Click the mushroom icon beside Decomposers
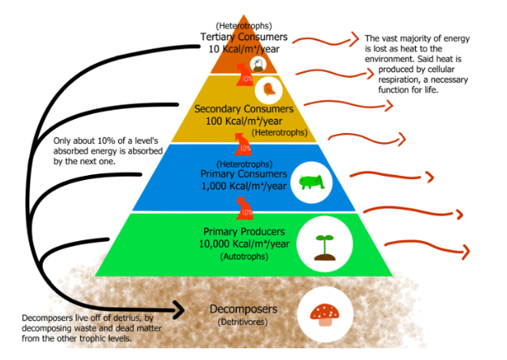click(325, 313)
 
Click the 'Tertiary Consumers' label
click(243, 38)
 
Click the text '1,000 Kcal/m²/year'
click(244, 186)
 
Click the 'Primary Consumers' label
click(243, 174)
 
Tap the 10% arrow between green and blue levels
click(244, 207)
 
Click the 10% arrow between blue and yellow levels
click(244, 143)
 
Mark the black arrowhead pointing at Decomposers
click(177, 311)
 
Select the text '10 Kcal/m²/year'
click(243, 49)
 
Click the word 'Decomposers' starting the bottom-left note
click(43, 318)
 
